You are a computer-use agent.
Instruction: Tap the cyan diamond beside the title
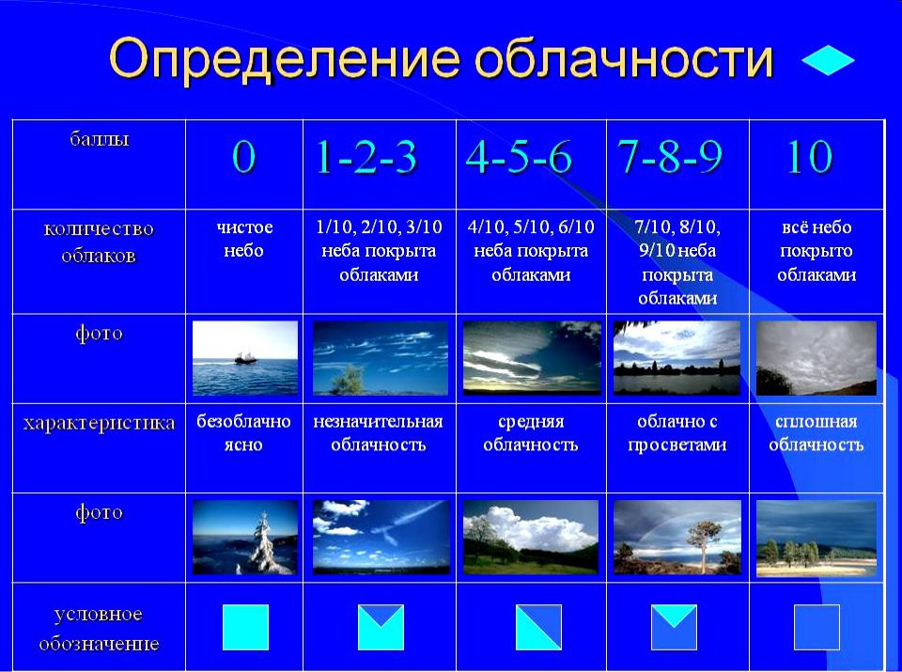coord(828,60)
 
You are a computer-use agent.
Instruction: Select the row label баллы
coord(99,139)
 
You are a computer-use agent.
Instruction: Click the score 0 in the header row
coord(244,157)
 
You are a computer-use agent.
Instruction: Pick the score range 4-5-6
coord(519,157)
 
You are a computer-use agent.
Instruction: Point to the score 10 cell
coord(810,157)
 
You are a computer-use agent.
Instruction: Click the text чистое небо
coord(244,239)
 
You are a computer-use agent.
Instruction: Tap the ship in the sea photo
coord(245,358)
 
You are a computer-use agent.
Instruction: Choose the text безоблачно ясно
coord(244,432)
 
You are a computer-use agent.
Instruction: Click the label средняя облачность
coord(530,432)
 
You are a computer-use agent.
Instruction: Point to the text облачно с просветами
coord(677,432)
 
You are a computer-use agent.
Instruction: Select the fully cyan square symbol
coord(245,627)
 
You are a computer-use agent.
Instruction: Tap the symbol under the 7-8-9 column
coord(674,627)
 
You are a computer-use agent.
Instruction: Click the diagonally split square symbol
coord(538,627)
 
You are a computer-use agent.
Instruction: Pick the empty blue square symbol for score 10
coord(816,627)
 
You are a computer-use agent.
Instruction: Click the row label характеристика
coord(99,424)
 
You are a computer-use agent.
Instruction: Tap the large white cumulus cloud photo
coord(531,538)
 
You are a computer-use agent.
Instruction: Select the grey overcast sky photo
coord(816,358)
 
